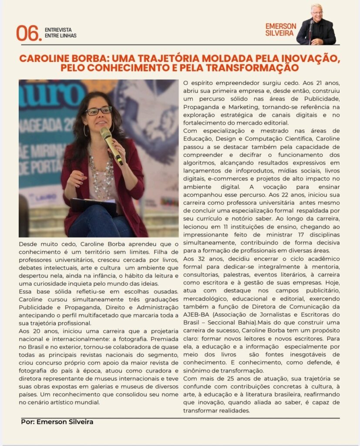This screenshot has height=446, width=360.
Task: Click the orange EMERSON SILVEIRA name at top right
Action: (280, 30)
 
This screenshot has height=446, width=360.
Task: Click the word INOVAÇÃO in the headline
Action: (307, 58)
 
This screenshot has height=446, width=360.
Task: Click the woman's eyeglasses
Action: (98, 111)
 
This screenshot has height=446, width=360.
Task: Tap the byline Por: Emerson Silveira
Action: (57, 422)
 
